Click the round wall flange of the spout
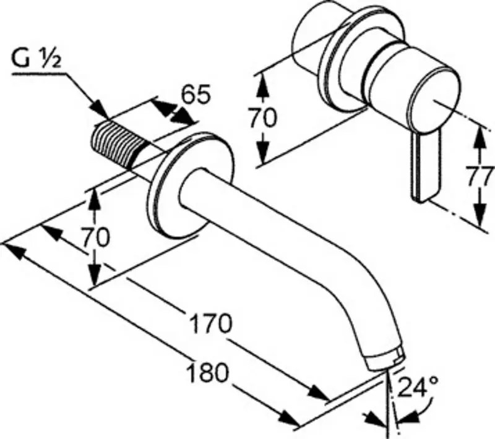click(189, 185)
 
